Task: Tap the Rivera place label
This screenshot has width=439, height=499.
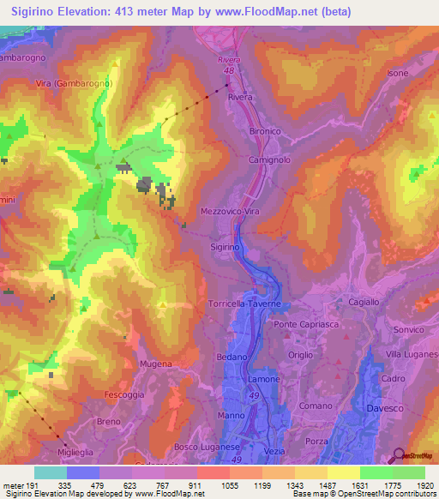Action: [240, 98]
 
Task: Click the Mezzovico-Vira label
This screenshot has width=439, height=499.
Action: [229, 210]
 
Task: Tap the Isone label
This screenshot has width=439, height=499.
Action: [398, 74]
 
